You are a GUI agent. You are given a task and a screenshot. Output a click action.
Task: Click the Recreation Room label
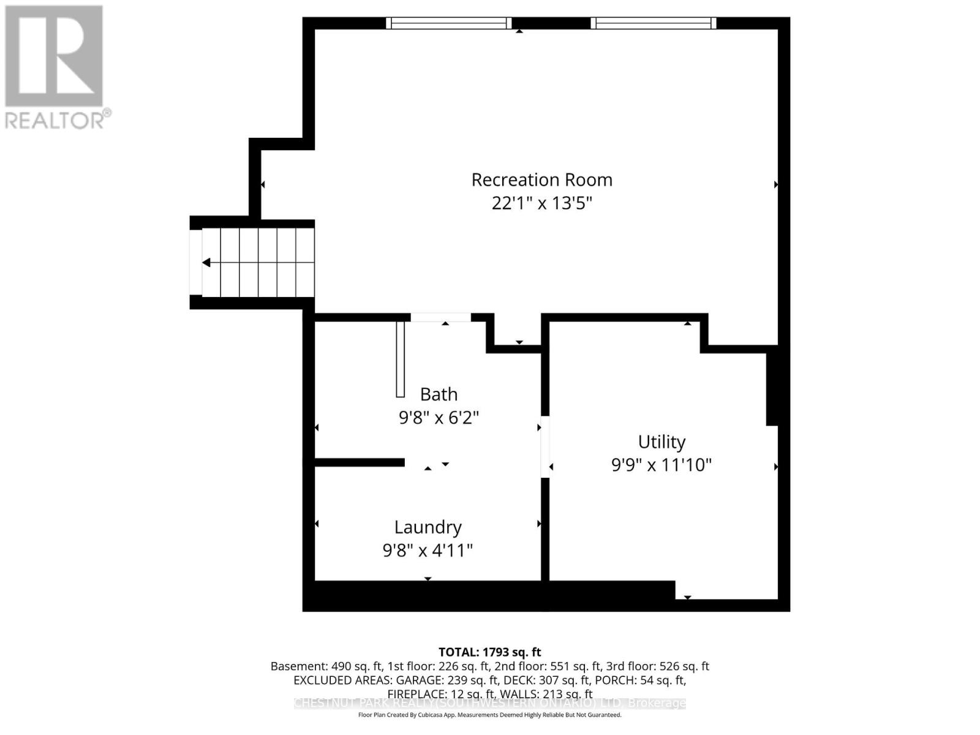coord(541,179)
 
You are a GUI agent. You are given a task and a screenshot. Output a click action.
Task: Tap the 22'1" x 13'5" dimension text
coord(541,203)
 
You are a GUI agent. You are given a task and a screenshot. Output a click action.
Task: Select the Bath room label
coord(439,394)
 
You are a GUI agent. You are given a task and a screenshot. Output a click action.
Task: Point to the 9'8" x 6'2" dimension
coord(439,418)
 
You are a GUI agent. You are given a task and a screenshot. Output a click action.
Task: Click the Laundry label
coord(428,527)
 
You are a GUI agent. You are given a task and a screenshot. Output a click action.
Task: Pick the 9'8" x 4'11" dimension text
coord(428,550)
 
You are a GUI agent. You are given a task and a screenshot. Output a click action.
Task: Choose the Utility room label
coord(661,442)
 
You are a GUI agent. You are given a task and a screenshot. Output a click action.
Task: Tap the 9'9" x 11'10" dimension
coord(661,465)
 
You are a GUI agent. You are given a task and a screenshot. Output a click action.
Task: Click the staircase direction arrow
coord(207,263)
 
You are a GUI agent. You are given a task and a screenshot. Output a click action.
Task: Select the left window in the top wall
coord(449,23)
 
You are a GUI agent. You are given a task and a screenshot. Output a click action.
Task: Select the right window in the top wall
coord(654,23)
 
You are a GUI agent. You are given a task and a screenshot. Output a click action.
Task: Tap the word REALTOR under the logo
coord(55,119)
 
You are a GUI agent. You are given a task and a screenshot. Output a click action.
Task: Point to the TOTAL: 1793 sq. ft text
coord(489,652)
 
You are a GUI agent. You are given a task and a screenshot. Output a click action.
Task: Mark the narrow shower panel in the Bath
coord(401,359)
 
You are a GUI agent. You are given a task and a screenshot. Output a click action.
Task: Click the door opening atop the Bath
coord(440,317)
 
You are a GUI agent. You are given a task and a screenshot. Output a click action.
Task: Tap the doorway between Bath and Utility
coord(545,447)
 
